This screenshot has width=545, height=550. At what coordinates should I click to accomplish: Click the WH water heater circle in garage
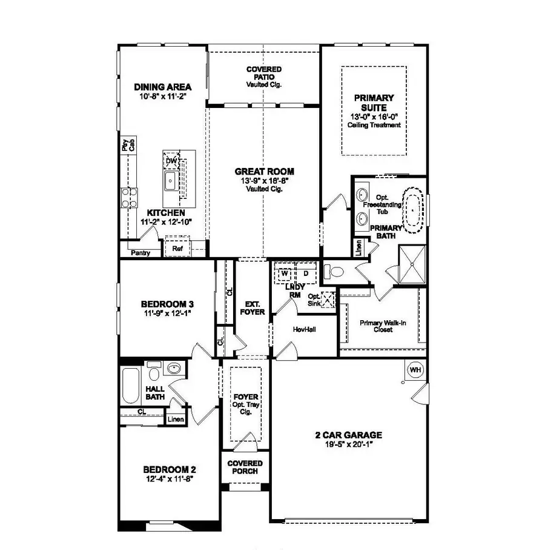[x=415, y=370]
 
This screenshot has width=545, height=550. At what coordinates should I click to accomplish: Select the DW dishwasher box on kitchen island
[x=171, y=160]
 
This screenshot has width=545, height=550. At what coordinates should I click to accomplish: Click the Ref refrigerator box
[x=177, y=249]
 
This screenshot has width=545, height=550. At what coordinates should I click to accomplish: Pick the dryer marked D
[x=305, y=273]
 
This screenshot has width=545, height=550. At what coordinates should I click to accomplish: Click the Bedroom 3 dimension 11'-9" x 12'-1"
[x=167, y=314]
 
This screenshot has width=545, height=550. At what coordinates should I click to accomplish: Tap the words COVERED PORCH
[x=245, y=467]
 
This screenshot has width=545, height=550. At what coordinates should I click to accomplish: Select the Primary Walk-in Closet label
[x=383, y=326]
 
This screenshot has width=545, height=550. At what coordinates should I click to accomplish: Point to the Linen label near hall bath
[x=175, y=419]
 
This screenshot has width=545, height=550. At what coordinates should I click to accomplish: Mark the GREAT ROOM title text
[x=265, y=172]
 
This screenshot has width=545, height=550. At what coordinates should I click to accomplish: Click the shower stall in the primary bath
[x=412, y=264]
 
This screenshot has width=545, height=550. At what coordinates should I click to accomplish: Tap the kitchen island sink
[x=171, y=180]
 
